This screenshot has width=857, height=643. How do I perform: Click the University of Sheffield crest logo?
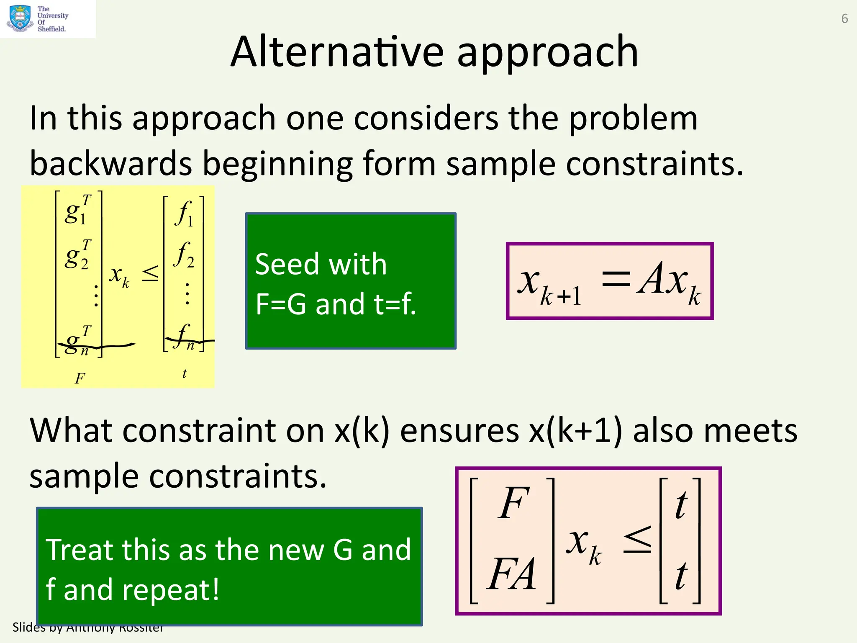[x=20, y=18]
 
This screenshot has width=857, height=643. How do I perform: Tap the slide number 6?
[x=844, y=19]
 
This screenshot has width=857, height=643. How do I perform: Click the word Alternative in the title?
[x=337, y=52]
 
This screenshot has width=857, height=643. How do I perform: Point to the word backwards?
[x=111, y=164]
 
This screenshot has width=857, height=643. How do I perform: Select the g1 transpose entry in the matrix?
[x=78, y=210]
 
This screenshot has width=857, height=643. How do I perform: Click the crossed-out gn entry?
[x=78, y=342]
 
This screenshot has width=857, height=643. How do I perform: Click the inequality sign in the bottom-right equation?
[x=637, y=540]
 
